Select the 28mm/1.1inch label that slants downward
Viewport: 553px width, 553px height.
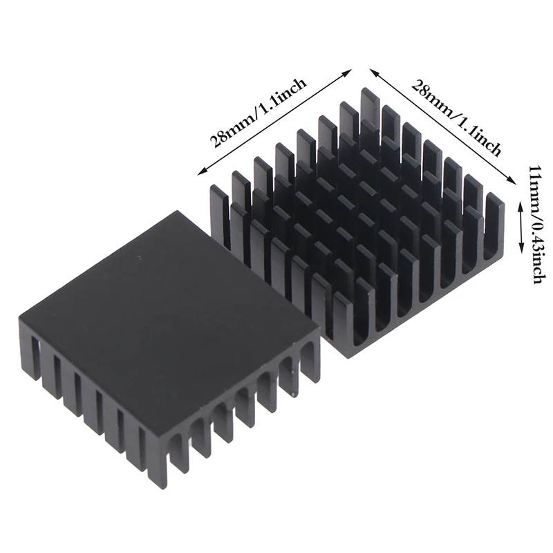(456, 117)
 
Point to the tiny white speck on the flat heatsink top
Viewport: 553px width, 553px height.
(140, 259)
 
